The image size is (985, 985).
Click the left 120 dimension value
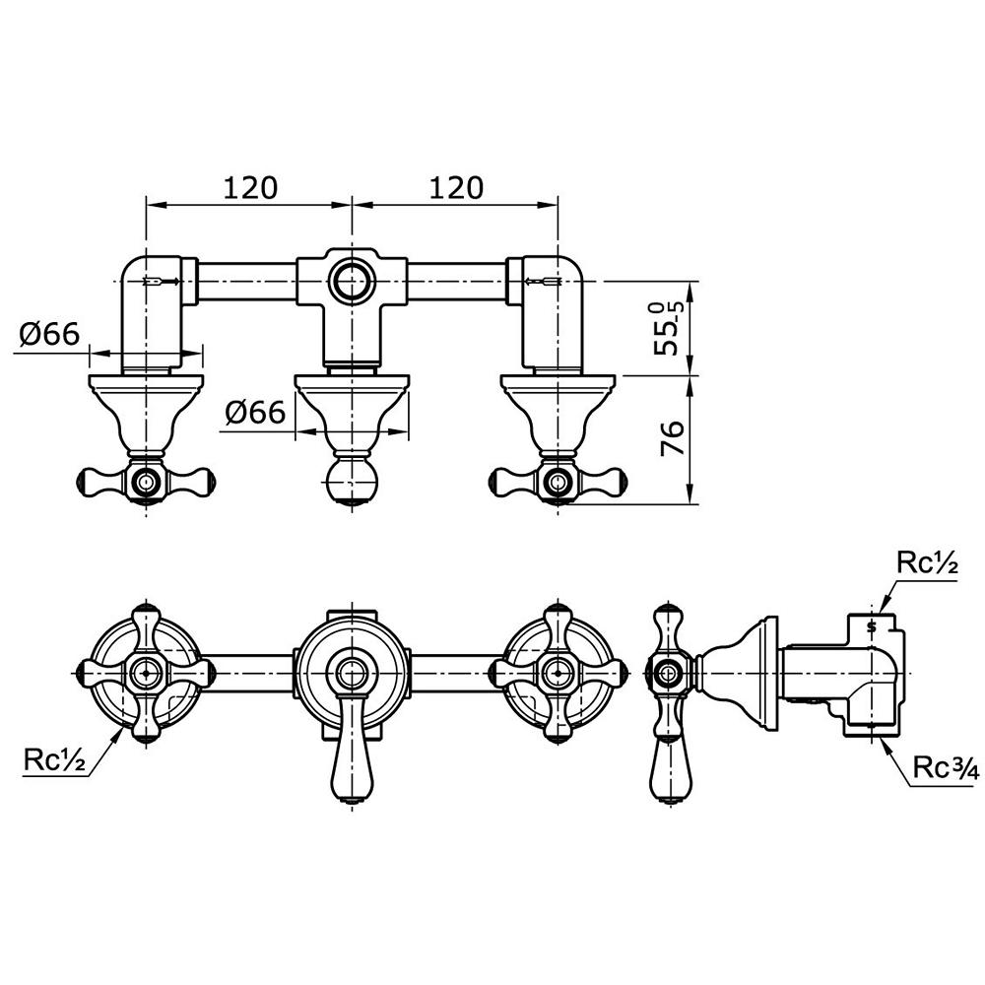[249, 187]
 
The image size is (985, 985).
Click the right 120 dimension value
[456, 187]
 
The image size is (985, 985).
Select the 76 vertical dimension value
[672, 438]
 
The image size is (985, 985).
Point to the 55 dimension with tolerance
[666, 328]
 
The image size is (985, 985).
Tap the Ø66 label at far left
[49, 334]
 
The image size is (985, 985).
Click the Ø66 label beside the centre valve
[254, 413]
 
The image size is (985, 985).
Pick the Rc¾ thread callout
[946, 767]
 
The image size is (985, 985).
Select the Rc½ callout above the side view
[927, 564]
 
